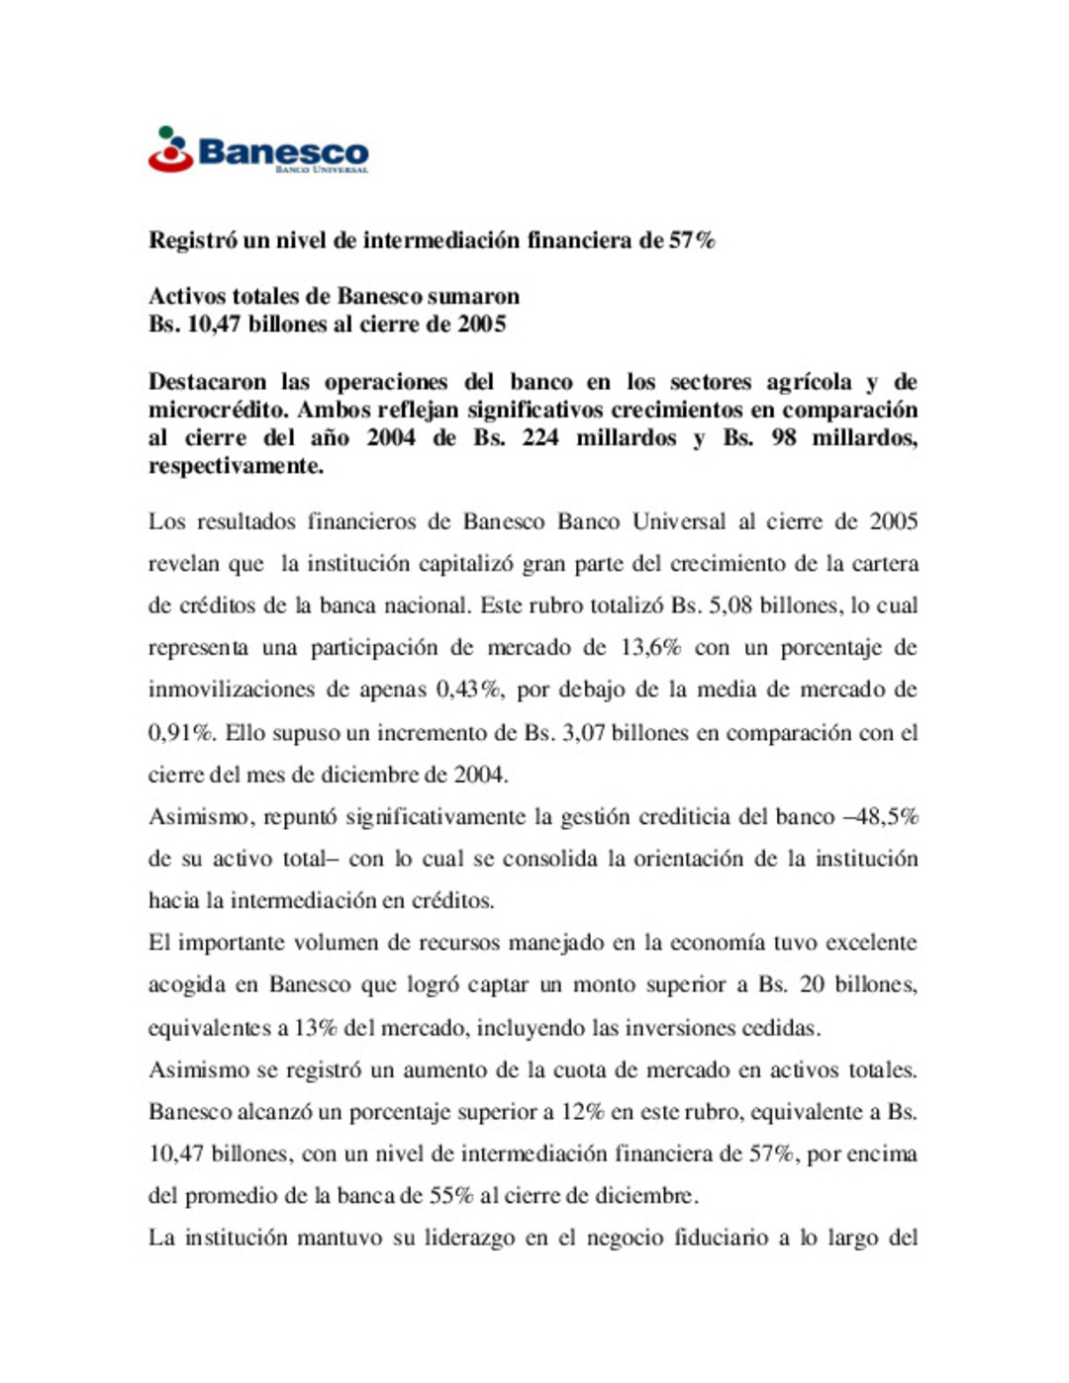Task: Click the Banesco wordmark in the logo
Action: click(x=283, y=151)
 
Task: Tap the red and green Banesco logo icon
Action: click(x=170, y=149)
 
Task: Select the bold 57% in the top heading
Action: click(x=692, y=240)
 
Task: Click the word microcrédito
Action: click(x=217, y=410)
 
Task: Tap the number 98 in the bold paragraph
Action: click(x=783, y=437)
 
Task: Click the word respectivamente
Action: click(x=236, y=466)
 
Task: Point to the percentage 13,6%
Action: click(x=650, y=648)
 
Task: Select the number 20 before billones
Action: click(x=812, y=985)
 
